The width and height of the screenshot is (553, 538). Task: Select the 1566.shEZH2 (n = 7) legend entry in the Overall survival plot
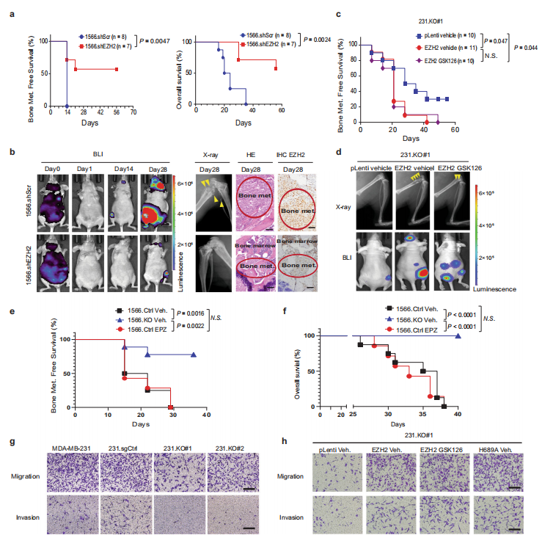coord(268,46)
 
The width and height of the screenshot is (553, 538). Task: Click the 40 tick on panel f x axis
coord(458,415)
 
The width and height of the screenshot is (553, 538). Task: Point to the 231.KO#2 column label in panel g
coord(233,447)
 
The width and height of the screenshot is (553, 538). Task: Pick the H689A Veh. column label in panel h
coord(497,449)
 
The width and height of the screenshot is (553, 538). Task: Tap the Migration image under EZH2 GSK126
coord(442,475)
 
